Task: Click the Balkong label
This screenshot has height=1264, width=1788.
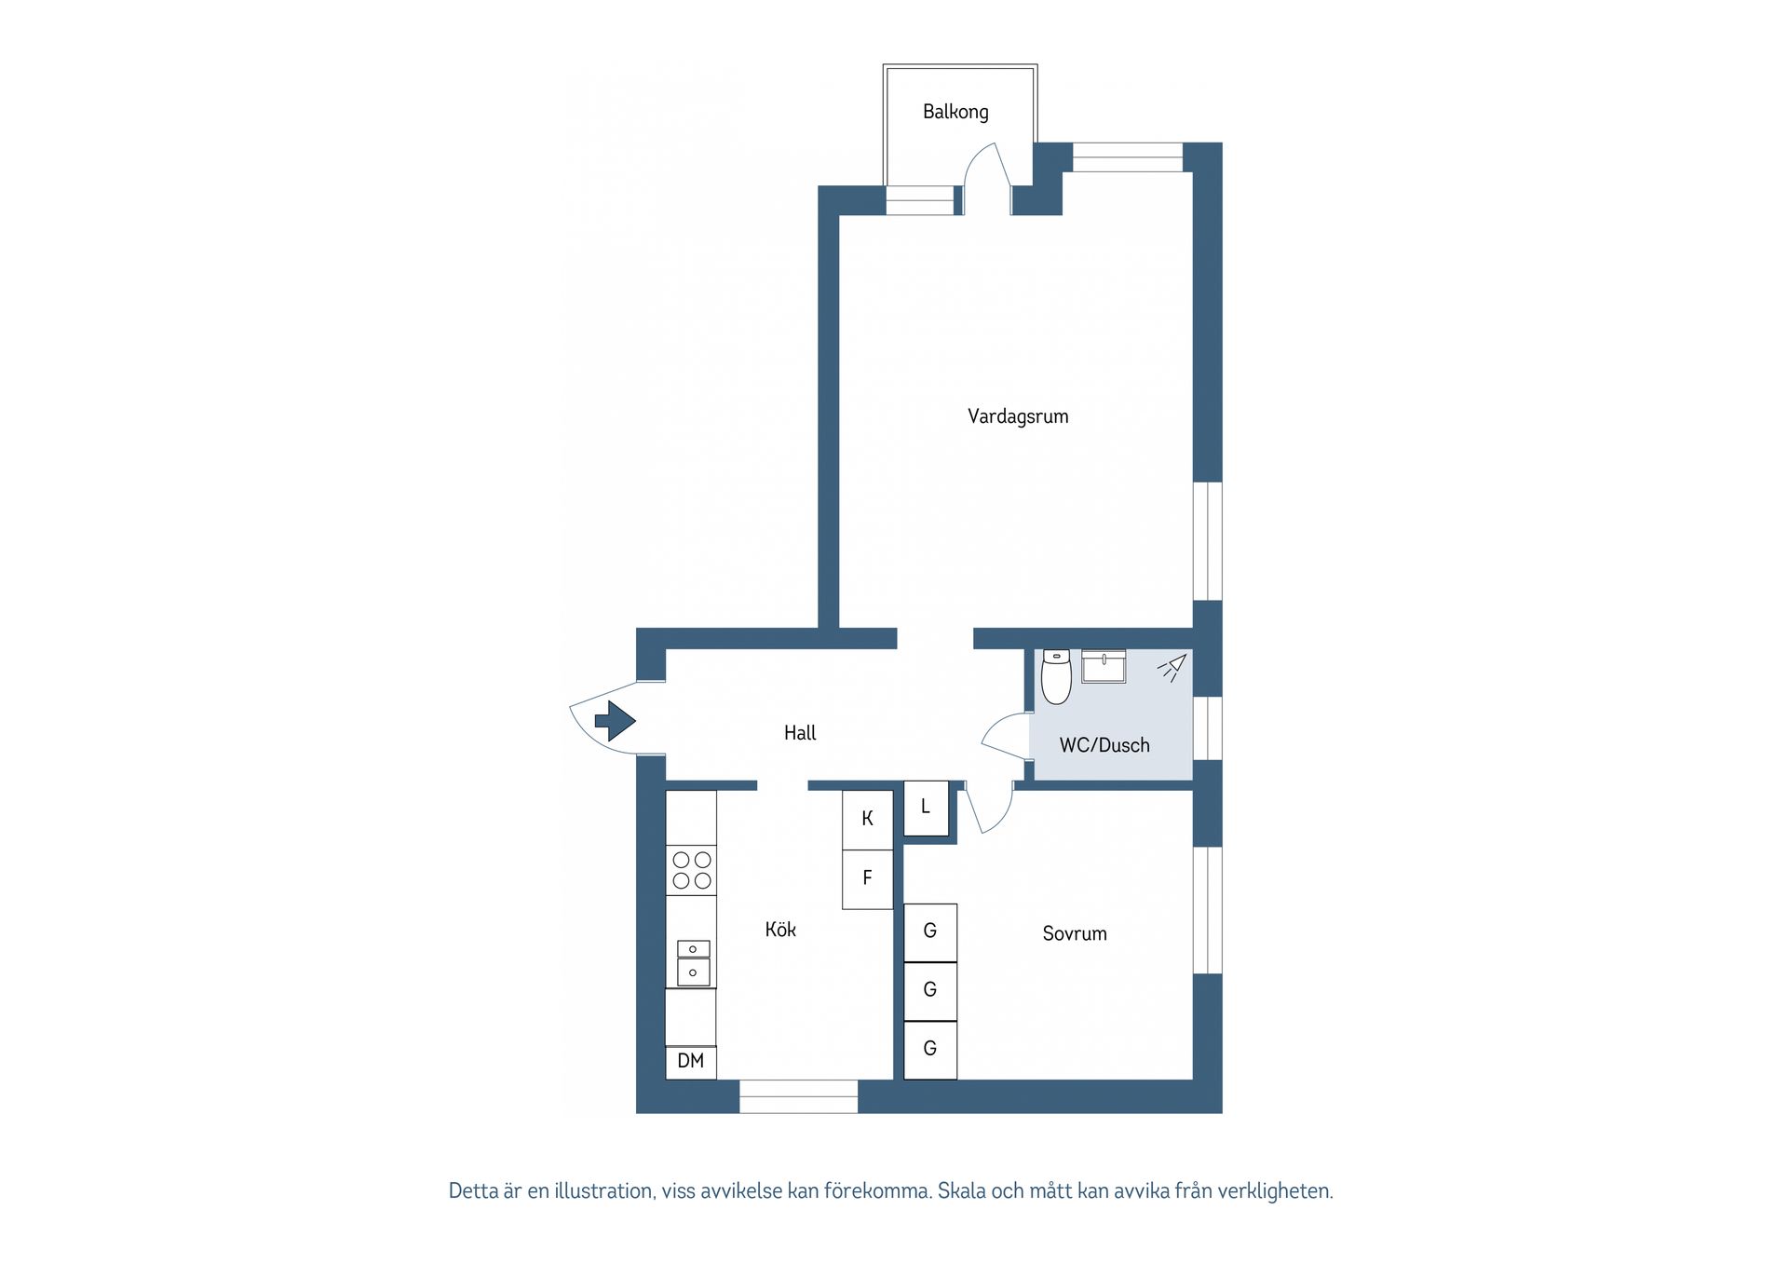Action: coord(955,112)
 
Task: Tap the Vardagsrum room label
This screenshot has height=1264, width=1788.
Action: coord(1018,416)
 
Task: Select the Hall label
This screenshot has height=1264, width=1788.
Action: coord(799,733)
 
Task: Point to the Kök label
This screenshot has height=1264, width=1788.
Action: coord(780,929)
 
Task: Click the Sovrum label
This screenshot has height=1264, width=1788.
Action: coord(1075,933)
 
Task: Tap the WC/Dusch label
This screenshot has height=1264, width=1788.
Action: coord(1104,745)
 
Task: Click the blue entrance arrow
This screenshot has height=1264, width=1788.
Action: coord(615,720)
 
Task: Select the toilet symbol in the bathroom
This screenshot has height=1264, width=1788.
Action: coord(1056,676)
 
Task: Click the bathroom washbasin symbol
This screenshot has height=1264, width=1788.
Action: coord(1104,666)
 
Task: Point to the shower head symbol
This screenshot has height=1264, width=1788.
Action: coord(1172,667)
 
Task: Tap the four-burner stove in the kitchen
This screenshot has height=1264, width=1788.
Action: coord(691,870)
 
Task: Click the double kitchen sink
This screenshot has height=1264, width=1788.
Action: coord(692,962)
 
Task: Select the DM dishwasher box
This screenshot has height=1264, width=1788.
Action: coord(691,1061)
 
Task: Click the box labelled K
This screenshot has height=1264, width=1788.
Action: coord(867,819)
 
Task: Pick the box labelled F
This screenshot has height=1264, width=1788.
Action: coord(867,877)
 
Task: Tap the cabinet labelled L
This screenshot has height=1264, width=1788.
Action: coord(926,807)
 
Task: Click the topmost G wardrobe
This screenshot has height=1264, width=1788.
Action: coord(930,931)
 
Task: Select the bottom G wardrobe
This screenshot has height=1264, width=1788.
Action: coord(930,1049)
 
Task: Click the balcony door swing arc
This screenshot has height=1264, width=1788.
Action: coord(985,168)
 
